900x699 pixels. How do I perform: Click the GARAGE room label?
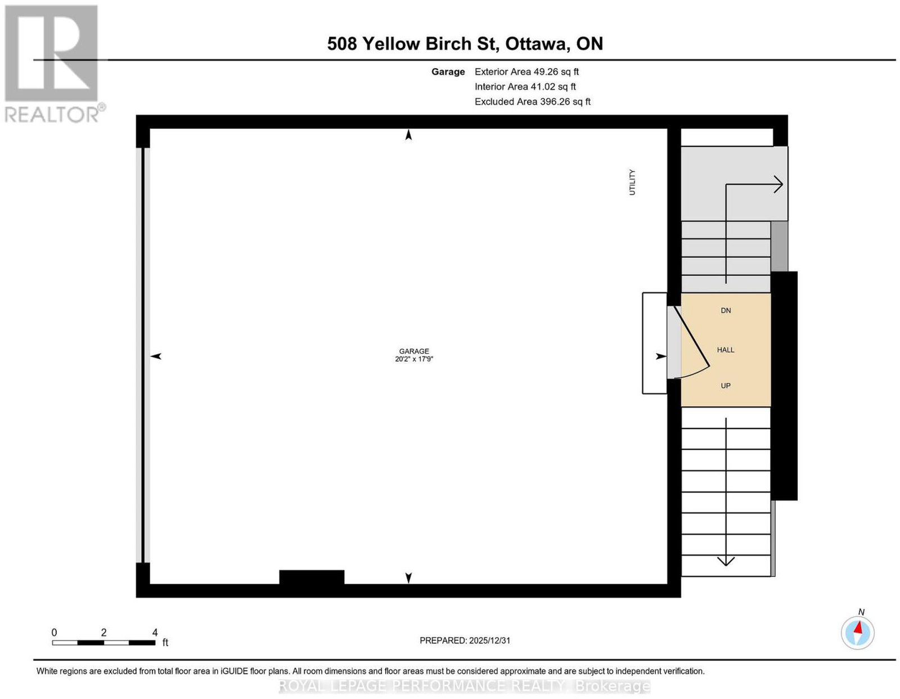(x=414, y=351)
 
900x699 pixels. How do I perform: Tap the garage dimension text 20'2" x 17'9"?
(x=414, y=359)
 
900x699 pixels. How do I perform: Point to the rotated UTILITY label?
(x=632, y=182)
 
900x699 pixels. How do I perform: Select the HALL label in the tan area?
(x=725, y=350)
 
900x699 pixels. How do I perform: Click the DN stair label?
(x=726, y=310)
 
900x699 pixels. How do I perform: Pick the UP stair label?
(x=725, y=386)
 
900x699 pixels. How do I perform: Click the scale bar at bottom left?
(x=103, y=643)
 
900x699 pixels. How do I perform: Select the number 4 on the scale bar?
(x=155, y=632)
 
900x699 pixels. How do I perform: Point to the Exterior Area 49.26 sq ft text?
(x=526, y=71)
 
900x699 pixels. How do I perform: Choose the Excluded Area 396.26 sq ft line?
(x=532, y=101)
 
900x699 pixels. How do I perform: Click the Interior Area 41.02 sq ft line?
(x=525, y=87)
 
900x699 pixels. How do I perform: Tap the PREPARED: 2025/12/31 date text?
(x=465, y=640)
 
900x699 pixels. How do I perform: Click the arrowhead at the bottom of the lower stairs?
(x=726, y=561)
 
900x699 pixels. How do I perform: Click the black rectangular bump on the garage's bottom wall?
(x=312, y=577)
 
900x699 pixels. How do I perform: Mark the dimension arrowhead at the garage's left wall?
(x=155, y=356)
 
